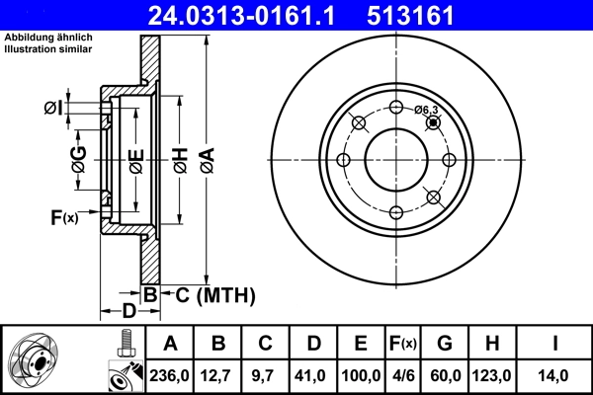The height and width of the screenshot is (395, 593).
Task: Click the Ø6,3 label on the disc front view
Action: coord(426,110)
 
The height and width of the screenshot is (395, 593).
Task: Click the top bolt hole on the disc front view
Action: coord(395,108)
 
